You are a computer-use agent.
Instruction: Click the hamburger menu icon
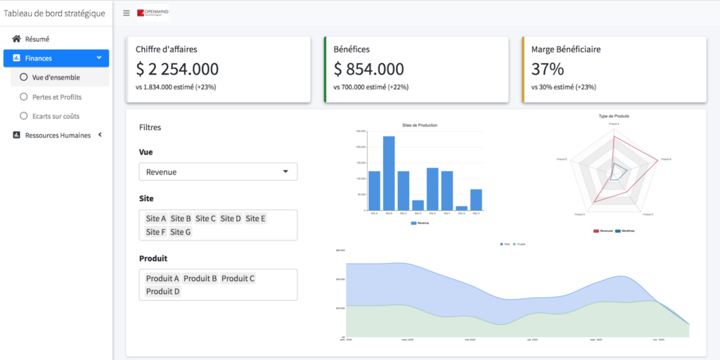pos(126,13)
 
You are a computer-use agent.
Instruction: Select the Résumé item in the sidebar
pos(37,39)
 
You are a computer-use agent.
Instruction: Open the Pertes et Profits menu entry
pos(56,96)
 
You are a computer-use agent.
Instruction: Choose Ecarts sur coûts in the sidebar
pos(56,115)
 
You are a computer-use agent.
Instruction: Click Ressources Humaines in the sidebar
pos(58,135)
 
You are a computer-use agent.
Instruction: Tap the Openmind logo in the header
pos(153,13)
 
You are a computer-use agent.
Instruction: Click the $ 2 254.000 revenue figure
pos(177,69)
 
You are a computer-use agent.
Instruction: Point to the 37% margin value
pos(548,69)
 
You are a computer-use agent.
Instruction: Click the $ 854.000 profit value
pos(368,69)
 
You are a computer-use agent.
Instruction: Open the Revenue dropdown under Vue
pos(218,172)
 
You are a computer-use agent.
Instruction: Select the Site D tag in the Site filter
pos(231,219)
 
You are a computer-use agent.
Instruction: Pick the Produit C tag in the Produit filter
pos(238,278)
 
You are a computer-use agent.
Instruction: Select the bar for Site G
pos(461,207)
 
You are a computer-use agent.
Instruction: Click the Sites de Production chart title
pos(420,125)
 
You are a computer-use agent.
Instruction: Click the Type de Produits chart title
pos(614,116)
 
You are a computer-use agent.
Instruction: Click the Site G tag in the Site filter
pos(180,232)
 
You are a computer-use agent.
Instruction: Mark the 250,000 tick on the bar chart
pos(361,131)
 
